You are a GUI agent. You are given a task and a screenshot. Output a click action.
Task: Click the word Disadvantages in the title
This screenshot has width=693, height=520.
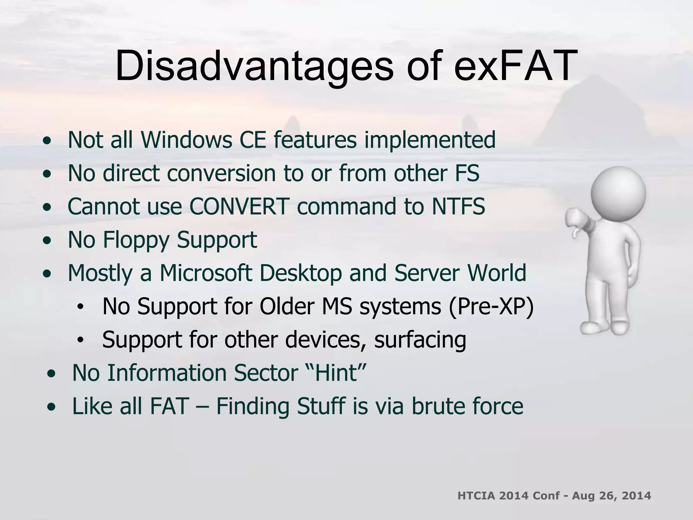(254, 66)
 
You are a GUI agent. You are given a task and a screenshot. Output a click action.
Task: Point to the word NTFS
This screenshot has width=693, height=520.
(458, 206)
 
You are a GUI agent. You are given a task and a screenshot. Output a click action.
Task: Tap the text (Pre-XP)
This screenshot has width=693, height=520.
(491, 306)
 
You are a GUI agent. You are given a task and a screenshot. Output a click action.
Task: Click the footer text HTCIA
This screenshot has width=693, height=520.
(476, 496)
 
